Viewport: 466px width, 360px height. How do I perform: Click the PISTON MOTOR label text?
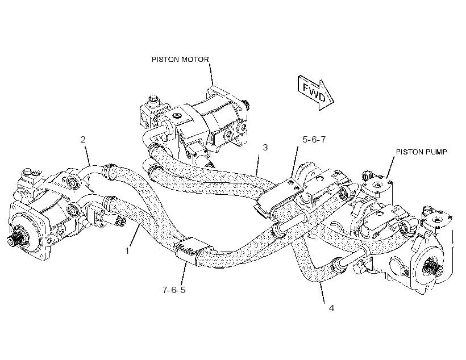pyautogui.click(x=180, y=60)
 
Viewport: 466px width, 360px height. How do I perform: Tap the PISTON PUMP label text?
pyautogui.click(x=422, y=152)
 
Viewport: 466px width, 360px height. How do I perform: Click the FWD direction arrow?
pyautogui.click(x=315, y=93)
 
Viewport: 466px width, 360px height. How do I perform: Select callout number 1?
pyautogui.click(x=127, y=251)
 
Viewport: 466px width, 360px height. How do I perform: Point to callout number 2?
pyautogui.click(x=83, y=139)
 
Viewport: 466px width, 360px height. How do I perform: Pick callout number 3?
pyautogui.click(x=265, y=147)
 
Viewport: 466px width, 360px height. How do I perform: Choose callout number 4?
pyautogui.click(x=331, y=308)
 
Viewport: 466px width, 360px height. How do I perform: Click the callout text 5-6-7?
pyautogui.click(x=314, y=139)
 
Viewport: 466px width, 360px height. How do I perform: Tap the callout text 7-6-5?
pyautogui.click(x=174, y=290)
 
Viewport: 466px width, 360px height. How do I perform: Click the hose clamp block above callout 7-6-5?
pyautogui.click(x=191, y=249)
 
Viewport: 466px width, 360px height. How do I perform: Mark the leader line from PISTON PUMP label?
pyautogui.click(x=390, y=168)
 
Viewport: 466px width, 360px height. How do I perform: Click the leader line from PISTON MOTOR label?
pyautogui.click(x=211, y=74)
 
